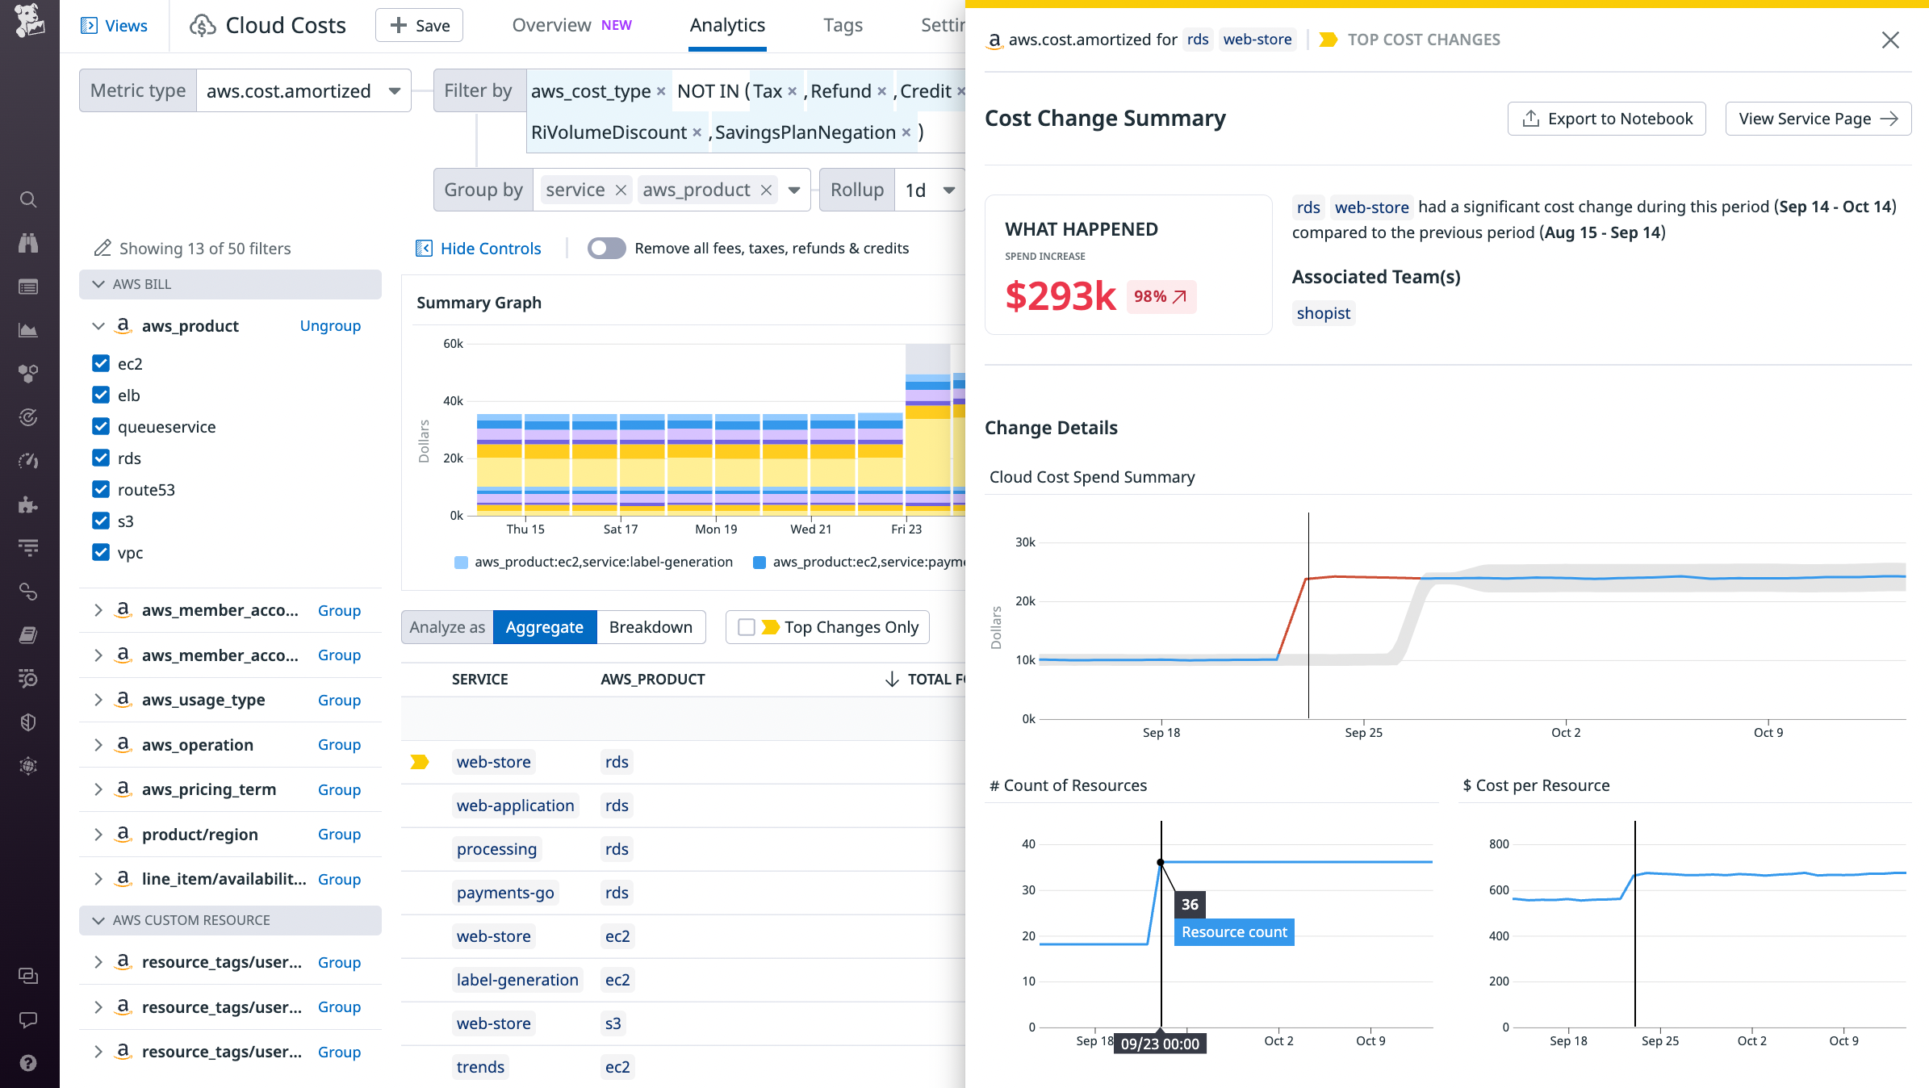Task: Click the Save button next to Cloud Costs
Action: click(x=419, y=25)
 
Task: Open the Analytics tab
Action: click(x=726, y=25)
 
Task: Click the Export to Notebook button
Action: click(x=1606, y=119)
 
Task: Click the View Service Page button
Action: click(x=1818, y=119)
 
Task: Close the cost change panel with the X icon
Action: click(x=1889, y=40)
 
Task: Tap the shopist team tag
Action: click(x=1323, y=313)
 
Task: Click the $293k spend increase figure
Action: click(x=1060, y=296)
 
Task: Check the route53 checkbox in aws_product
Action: click(x=101, y=490)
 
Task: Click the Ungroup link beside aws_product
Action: click(x=330, y=326)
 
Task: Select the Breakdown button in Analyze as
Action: click(x=651, y=627)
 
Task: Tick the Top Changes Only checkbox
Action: click(x=747, y=627)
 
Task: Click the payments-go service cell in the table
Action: click(x=505, y=893)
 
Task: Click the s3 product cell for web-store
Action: click(x=613, y=1023)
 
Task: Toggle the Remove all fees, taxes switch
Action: click(x=606, y=249)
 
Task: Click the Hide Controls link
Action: click(x=490, y=249)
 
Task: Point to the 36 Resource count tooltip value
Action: click(x=1190, y=904)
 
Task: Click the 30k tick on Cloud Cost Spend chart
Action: click(x=1025, y=542)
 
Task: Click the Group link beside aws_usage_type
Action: click(x=339, y=700)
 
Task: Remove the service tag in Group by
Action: click(x=621, y=190)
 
